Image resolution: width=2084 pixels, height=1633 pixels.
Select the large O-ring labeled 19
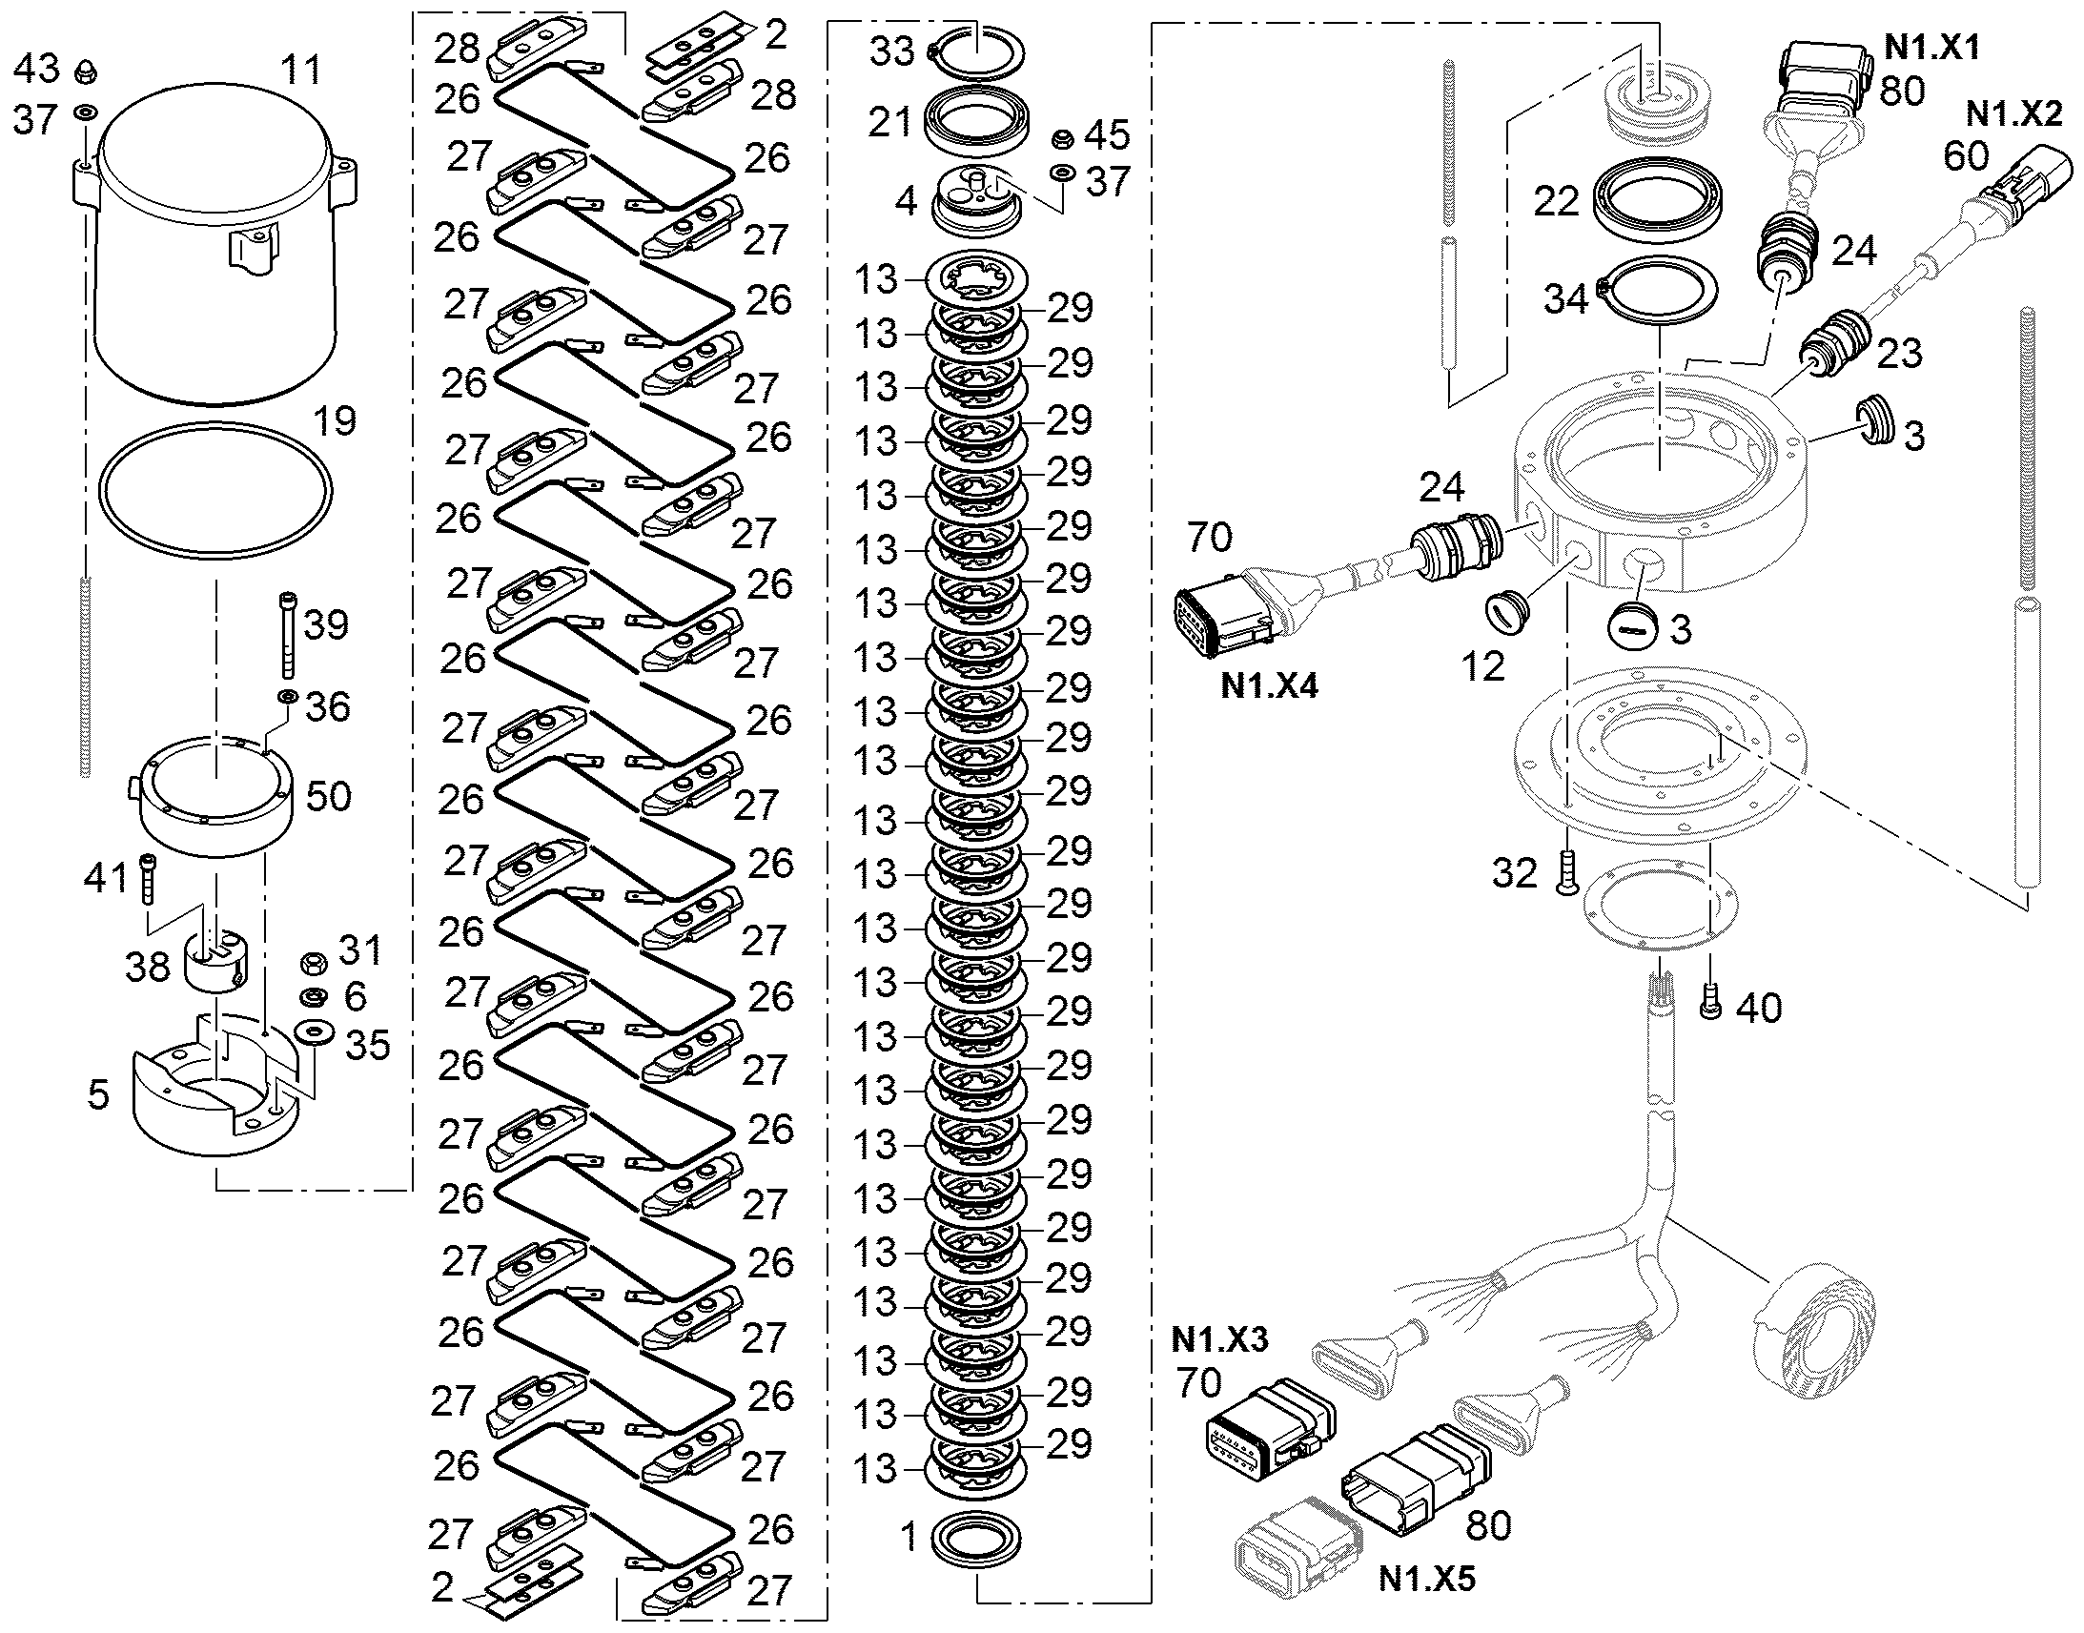pyautogui.click(x=216, y=422)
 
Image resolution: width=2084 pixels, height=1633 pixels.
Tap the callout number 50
pyautogui.click(x=328, y=796)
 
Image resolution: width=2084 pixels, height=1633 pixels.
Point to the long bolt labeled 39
pyautogui.click(x=288, y=635)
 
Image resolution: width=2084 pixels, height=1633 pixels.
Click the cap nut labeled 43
pyautogui.click(x=84, y=71)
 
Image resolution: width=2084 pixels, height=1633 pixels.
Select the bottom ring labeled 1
pyautogui.click(x=974, y=1540)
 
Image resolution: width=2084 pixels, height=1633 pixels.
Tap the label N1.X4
pyautogui.click(x=1269, y=685)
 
